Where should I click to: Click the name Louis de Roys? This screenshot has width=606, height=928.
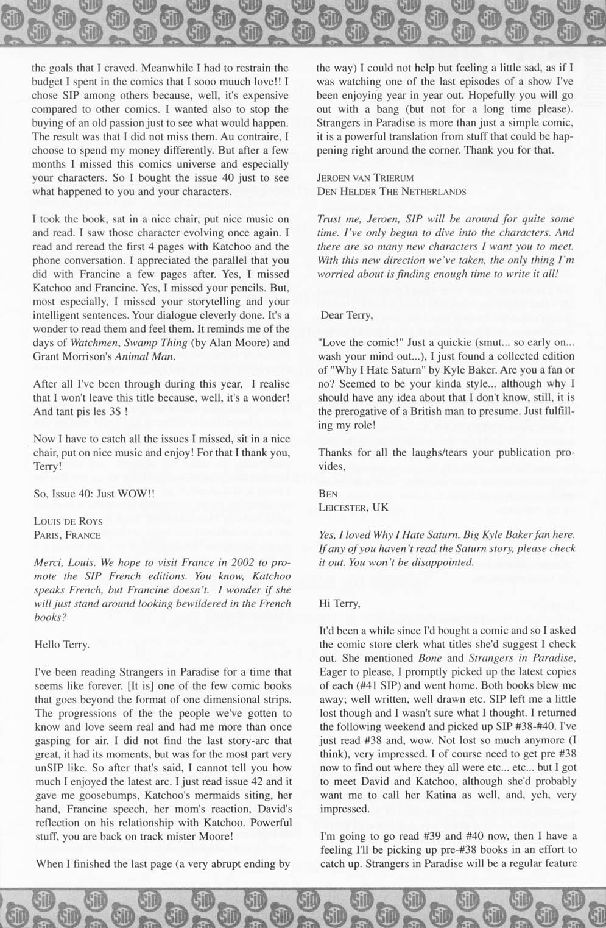[x=68, y=522]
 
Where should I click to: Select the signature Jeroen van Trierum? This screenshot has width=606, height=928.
[x=365, y=178]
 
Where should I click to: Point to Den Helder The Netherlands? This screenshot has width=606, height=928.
[x=392, y=191]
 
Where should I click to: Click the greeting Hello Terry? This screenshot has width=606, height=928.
[x=62, y=645]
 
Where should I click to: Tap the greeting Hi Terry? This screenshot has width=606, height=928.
[x=340, y=604]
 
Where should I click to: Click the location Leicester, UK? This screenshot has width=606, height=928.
[x=353, y=507]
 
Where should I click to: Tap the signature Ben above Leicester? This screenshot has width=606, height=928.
[x=328, y=494]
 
